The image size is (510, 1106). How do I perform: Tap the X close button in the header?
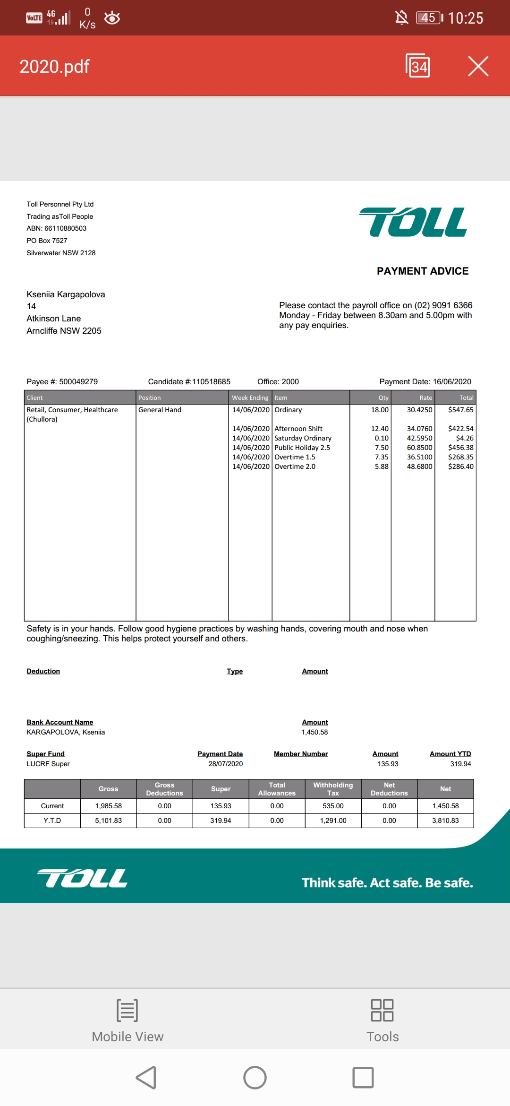coord(478,66)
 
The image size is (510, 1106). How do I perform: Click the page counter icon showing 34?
coord(418,66)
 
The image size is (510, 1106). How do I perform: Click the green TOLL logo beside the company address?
coord(414,222)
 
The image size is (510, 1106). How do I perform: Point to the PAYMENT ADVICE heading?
coord(423,271)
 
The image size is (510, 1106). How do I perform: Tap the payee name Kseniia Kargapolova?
coord(66,294)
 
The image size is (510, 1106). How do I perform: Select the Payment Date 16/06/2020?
coord(452,382)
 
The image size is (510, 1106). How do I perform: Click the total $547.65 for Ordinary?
coord(460,410)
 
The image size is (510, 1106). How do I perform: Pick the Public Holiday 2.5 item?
coord(302,448)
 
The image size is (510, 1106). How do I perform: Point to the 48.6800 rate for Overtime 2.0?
coord(419,467)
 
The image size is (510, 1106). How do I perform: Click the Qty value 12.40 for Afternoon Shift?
coord(380,429)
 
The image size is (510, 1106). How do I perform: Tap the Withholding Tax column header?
coord(333,789)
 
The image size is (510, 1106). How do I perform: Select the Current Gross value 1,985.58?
coord(108,806)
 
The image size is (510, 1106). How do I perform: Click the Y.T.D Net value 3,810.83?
coord(445,821)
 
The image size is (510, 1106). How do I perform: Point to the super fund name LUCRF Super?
coord(48,764)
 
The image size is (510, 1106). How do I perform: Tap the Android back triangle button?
coord(146,1078)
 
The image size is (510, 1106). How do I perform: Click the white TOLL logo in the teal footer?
coord(82,878)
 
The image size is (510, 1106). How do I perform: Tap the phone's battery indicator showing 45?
coord(429,18)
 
